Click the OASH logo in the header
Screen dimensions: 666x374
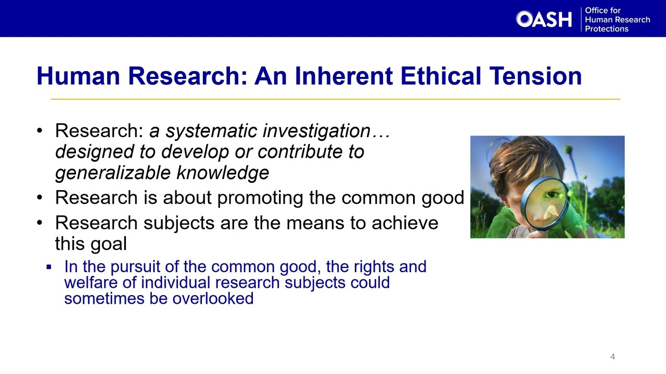click(x=544, y=19)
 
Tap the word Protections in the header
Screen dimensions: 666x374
click(x=607, y=29)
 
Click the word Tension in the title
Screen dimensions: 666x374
click(x=535, y=76)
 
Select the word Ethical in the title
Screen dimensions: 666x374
click(x=441, y=76)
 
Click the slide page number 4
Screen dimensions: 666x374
click(x=612, y=356)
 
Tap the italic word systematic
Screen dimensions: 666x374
click(x=211, y=131)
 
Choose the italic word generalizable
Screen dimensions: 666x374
click(x=113, y=173)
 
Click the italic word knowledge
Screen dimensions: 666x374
click(x=223, y=173)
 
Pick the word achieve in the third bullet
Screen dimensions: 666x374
click(x=405, y=223)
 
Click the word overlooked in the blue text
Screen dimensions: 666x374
click(x=213, y=298)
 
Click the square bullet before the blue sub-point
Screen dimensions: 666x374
click(x=49, y=267)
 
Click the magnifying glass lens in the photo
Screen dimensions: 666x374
click(x=545, y=204)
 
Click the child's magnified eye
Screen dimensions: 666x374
click(x=552, y=195)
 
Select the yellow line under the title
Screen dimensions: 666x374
click(x=336, y=99)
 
